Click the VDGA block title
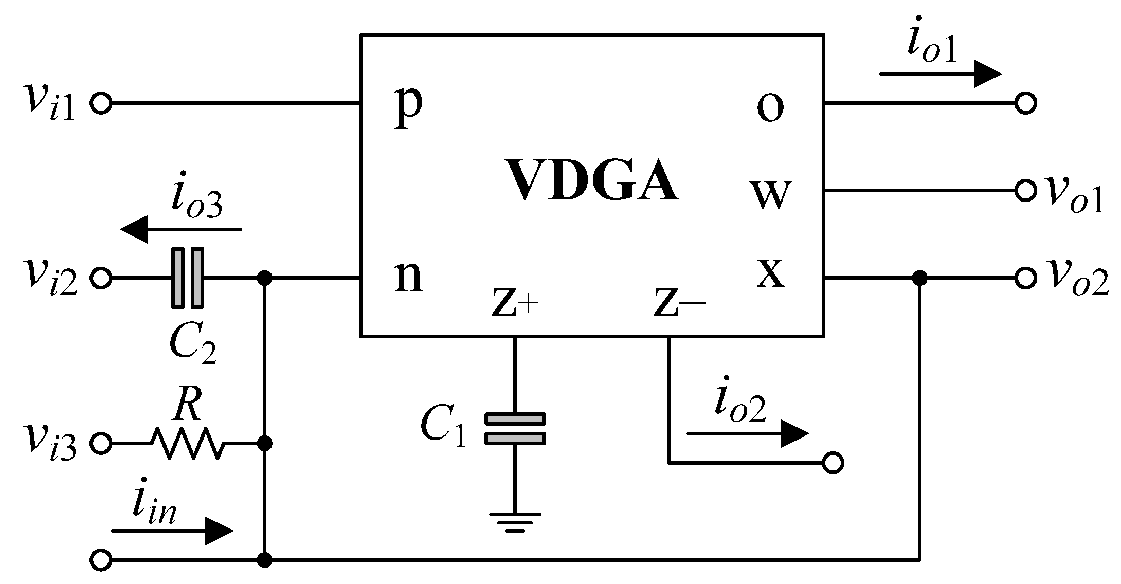[592, 180]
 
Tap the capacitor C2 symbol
[187, 278]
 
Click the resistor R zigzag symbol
[187, 443]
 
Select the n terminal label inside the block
[409, 278]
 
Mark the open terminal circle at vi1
[101, 103]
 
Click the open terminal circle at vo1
[1025, 190]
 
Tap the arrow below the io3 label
[180, 229]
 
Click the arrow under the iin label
[172, 531]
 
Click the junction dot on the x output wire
[919, 278]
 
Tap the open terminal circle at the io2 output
[833, 463]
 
